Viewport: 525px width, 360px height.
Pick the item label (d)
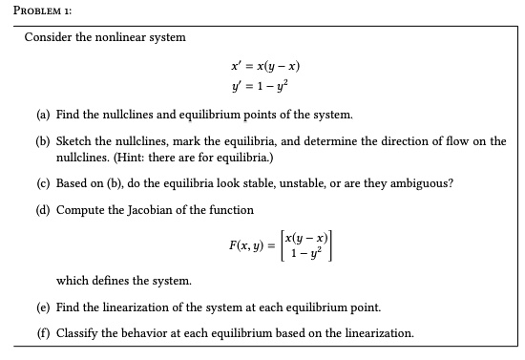click(44, 208)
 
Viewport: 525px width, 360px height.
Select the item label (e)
click(44, 307)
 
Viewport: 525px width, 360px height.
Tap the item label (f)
click(44, 333)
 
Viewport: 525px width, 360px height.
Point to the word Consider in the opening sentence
click(49, 37)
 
